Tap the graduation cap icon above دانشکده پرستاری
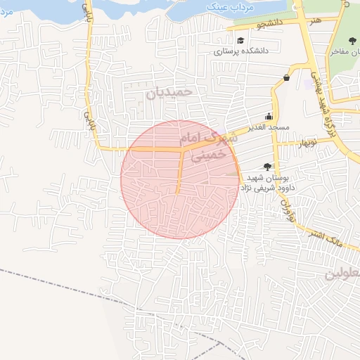coord(241,41)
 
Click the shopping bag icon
coord(286,77)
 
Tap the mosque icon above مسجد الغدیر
coord(269,117)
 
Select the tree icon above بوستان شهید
coord(266,167)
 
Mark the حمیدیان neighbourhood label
coord(169,92)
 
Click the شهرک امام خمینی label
coord(209,146)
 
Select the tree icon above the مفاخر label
coord(352,41)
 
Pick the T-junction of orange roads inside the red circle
coord(184,149)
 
